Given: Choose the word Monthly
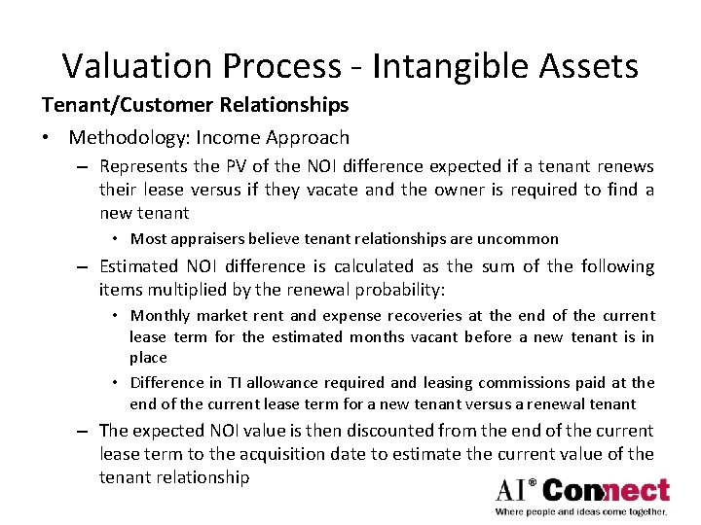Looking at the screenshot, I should (161, 315).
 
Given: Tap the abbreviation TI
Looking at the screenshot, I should (235, 382).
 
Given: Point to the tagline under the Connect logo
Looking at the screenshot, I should (581, 511).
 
